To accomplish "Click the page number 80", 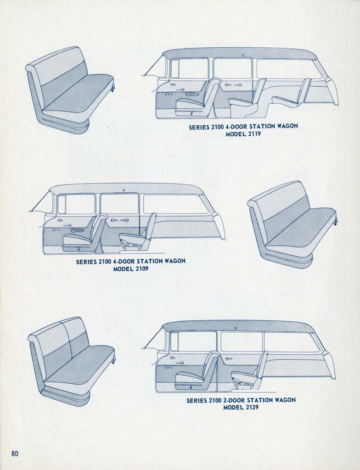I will coord(15,453).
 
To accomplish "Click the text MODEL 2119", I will coord(243,134).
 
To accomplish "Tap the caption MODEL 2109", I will coord(130,269).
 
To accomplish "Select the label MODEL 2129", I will coord(241,407).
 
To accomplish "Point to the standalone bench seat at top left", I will coord(69,90).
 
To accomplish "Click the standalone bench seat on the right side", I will coord(292,224).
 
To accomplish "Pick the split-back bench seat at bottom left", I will coord(71,361).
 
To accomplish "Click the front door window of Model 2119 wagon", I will coord(189,68).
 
